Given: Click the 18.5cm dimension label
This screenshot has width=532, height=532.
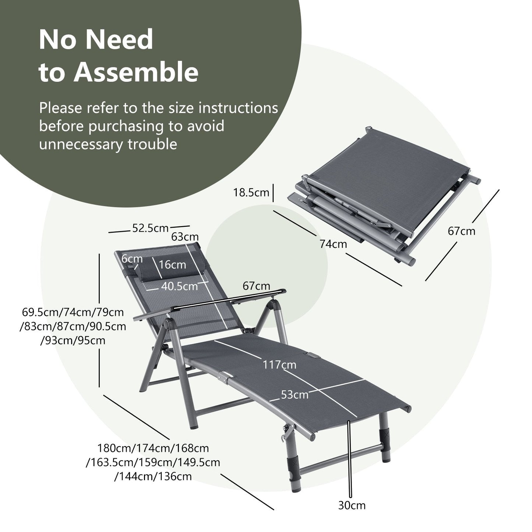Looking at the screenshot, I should coord(251,193).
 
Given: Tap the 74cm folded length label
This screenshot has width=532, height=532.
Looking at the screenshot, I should coord(333,244).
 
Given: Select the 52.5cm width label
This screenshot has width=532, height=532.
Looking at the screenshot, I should coord(150,229).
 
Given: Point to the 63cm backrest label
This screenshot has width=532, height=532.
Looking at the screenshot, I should coord(185,237).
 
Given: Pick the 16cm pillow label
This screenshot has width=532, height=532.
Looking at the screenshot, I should coord(173,265).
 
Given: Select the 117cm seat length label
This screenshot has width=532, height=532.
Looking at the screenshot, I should coord(279,365).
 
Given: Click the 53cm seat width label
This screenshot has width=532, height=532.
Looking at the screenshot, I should coord(294,395).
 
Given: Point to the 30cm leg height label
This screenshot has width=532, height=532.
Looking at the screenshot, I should coord(352,505).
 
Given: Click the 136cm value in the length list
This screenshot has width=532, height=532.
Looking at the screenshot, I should coord(175,476).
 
